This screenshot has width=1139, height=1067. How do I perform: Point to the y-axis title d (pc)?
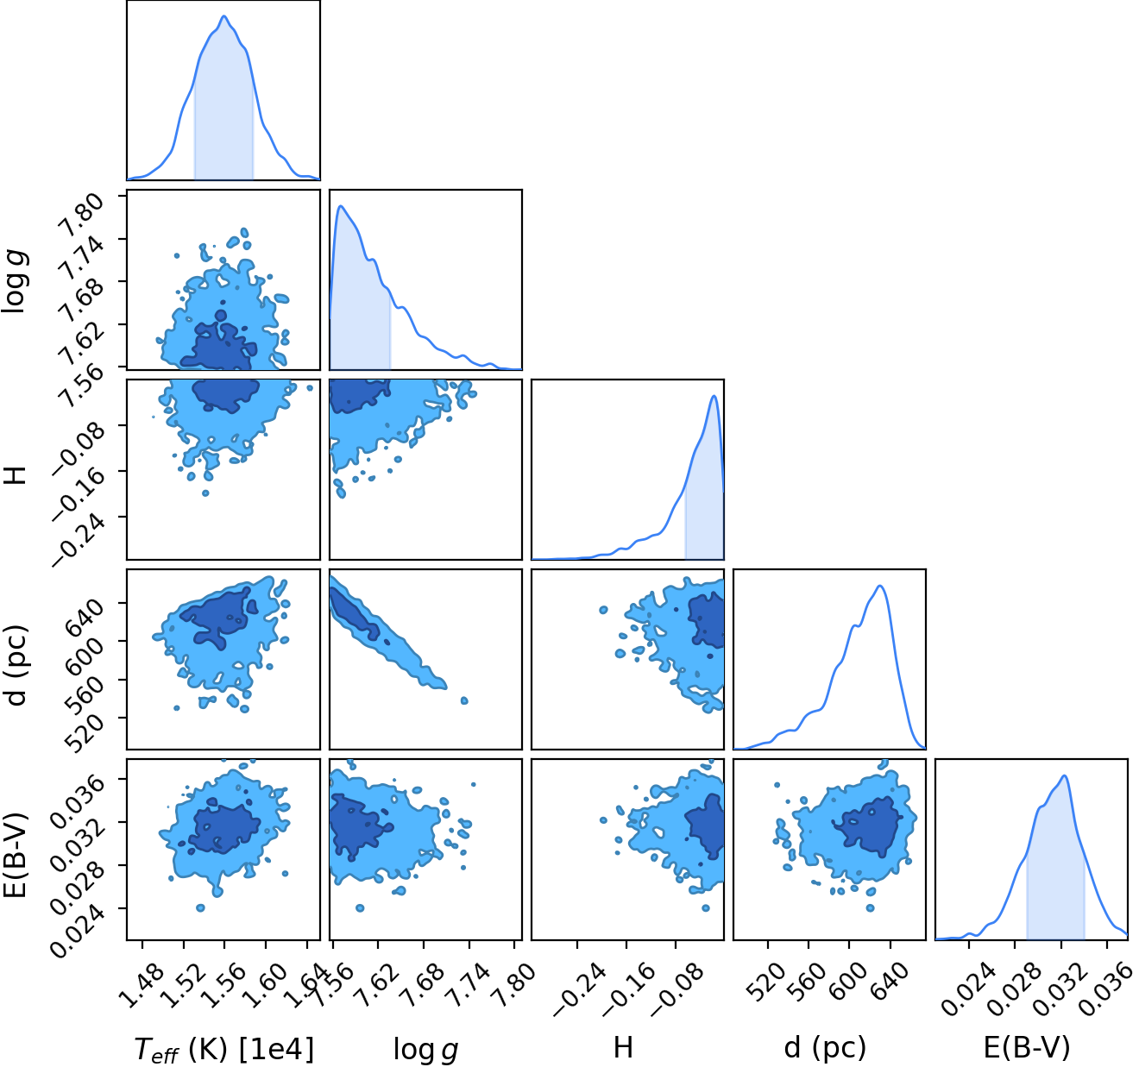[18, 666]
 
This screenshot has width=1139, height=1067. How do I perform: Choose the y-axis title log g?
[16, 281]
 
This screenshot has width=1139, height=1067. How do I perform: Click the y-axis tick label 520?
[85, 733]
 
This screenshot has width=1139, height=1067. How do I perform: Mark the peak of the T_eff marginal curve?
[224, 16]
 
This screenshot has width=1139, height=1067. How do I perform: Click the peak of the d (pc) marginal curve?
[880, 586]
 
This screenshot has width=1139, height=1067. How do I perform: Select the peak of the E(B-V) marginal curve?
[1064, 775]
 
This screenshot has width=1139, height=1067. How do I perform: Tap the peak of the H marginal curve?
[714, 396]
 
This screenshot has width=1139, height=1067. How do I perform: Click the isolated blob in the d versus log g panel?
[464, 700]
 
